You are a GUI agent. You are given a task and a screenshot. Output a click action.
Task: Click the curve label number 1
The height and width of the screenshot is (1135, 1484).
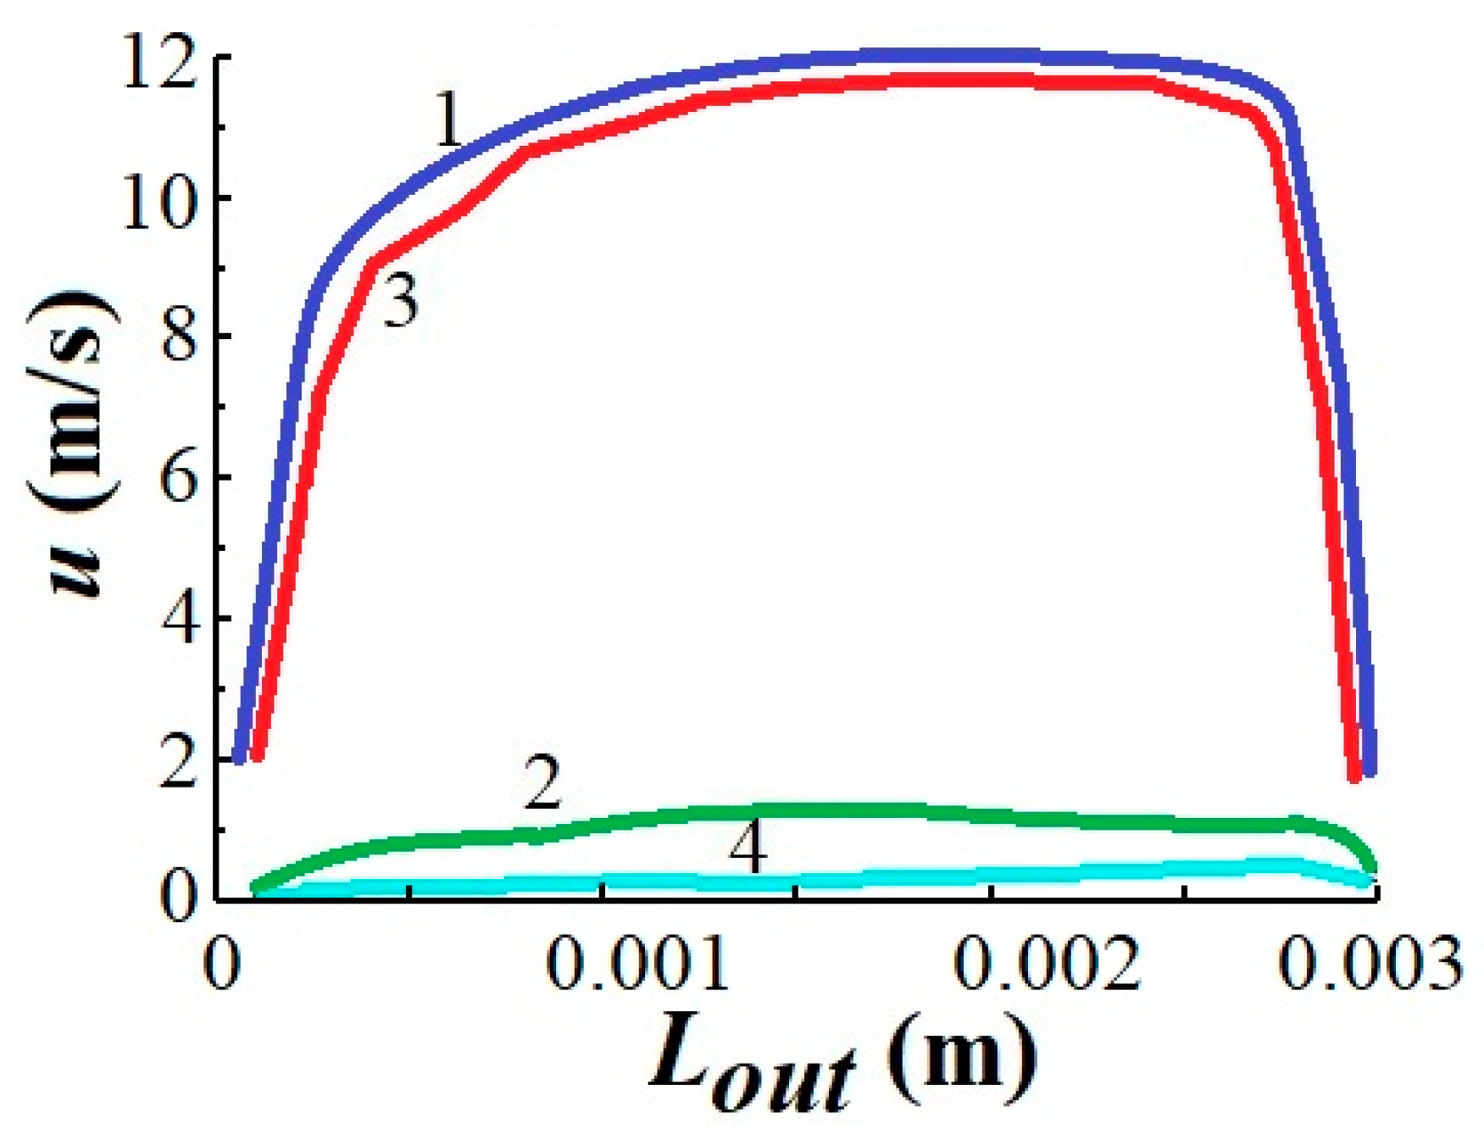[x=448, y=121]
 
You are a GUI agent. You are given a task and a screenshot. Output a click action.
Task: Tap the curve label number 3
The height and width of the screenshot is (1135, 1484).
[x=399, y=301]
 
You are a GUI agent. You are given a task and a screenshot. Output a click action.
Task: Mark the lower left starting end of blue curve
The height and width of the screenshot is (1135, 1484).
[x=240, y=757]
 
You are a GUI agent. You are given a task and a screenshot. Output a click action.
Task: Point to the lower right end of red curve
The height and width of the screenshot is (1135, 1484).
[x=1354, y=776]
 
